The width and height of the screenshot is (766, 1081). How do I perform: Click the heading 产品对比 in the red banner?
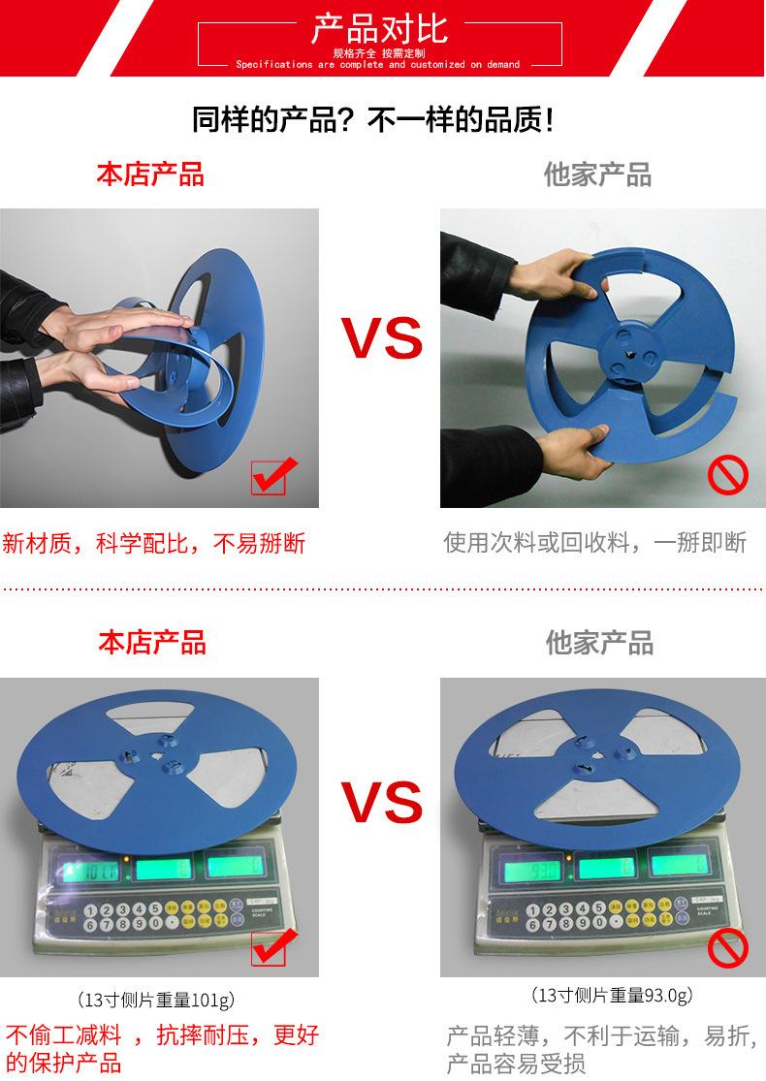pos(379,28)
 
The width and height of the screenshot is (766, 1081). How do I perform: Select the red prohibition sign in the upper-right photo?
pos(727,476)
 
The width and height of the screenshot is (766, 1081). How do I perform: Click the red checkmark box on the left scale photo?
pos(269,947)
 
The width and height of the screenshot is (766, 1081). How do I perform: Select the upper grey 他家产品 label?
pos(597,175)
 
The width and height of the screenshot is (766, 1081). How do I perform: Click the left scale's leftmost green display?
pos(89,868)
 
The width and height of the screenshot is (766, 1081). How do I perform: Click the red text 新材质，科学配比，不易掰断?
pos(153,543)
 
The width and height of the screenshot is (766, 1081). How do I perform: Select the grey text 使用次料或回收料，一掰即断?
pos(595,543)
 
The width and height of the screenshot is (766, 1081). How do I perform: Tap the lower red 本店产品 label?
pos(152,642)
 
